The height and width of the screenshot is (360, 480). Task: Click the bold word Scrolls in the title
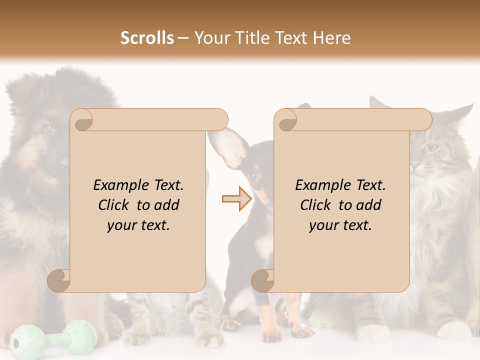pyautogui.click(x=147, y=38)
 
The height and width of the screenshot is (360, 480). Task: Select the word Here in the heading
pyautogui.click(x=331, y=38)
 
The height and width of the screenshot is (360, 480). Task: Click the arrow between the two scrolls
pyautogui.click(x=236, y=198)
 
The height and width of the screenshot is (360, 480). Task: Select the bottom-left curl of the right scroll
pyautogui.click(x=263, y=281)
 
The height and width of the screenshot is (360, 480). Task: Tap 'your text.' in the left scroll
pyautogui.click(x=138, y=225)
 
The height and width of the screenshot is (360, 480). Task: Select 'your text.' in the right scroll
pyautogui.click(x=340, y=225)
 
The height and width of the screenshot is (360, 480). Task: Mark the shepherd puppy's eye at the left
pyautogui.click(x=48, y=128)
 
